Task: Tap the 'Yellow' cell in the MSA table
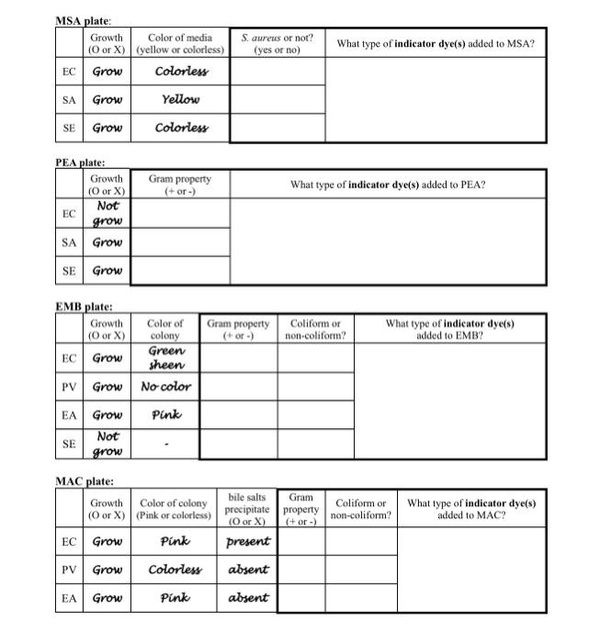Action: [x=181, y=99]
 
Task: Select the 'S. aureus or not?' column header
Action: [x=277, y=43]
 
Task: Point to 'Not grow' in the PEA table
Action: [x=108, y=214]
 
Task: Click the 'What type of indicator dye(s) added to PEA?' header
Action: [x=388, y=185]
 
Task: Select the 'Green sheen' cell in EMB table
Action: [x=165, y=358]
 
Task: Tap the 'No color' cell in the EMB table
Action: [x=165, y=387]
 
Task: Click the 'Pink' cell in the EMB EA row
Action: [x=165, y=415]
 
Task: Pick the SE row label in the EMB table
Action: [x=69, y=445]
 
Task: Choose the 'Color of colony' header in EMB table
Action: [x=165, y=330]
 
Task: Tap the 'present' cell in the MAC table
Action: [x=247, y=542]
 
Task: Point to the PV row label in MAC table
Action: [x=69, y=570]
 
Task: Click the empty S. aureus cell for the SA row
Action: [x=277, y=99]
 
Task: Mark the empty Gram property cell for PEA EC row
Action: [x=182, y=214]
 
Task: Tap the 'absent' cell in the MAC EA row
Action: [x=247, y=598]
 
